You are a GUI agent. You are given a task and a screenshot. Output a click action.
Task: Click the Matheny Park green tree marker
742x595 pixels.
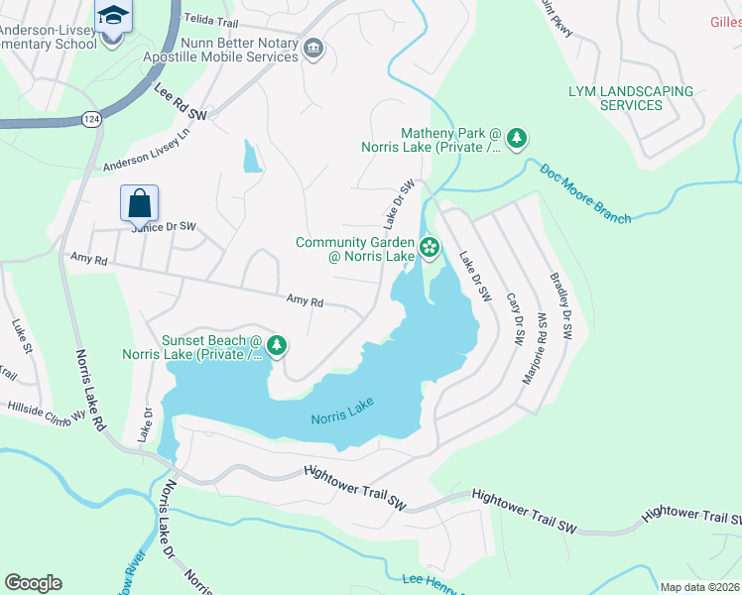[x=516, y=140]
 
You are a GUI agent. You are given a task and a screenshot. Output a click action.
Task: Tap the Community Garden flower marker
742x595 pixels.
[x=430, y=248]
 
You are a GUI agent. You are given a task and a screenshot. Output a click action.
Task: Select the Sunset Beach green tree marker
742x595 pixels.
[x=278, y=345]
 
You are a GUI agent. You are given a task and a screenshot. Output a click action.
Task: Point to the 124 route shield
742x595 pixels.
[x=91, y=119]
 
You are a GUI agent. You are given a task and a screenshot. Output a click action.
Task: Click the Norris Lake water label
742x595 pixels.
[x=342, y=417]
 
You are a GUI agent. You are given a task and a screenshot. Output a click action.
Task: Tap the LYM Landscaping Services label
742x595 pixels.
[x=630, y=98]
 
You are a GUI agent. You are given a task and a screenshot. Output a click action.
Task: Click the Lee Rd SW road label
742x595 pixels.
[x=181, y=103]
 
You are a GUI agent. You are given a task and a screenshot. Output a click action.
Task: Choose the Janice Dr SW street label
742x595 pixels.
[x=165, y=227]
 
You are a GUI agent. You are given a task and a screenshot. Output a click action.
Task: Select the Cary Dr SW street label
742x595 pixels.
[x=515, y=317]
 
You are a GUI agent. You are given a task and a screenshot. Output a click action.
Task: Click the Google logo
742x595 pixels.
[x=33, y=583]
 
